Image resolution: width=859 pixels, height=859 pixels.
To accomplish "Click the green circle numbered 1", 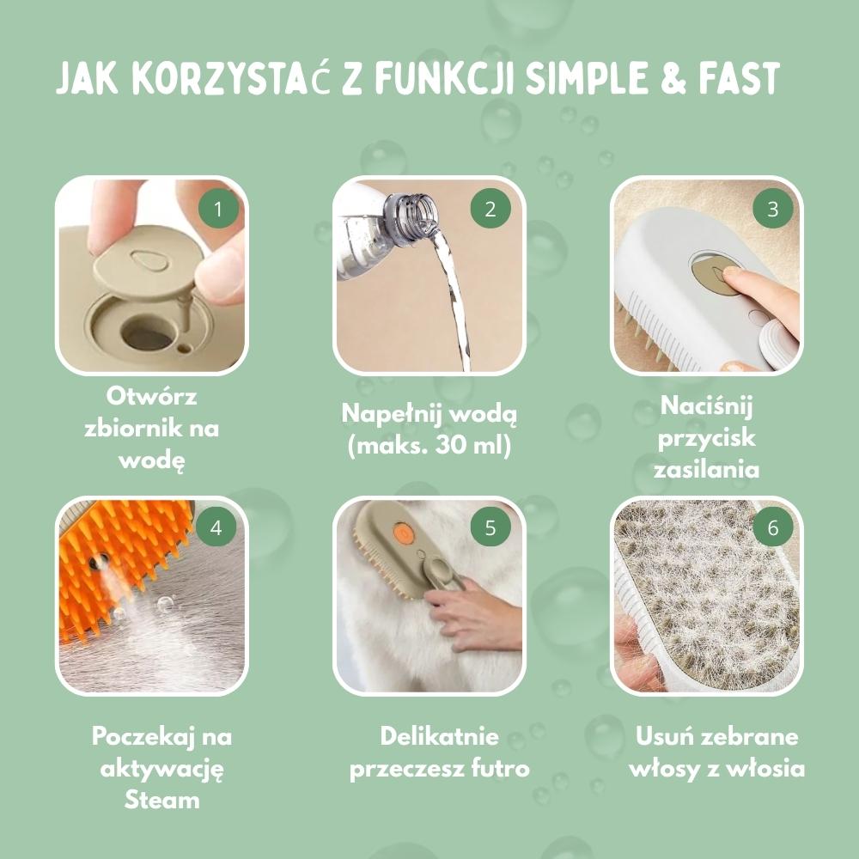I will point(216,209).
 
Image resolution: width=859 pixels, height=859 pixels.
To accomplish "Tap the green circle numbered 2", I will point(490,209).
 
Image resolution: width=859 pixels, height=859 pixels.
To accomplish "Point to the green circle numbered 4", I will point(216,527).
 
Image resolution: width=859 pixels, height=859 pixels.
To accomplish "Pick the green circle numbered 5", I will point(490,527).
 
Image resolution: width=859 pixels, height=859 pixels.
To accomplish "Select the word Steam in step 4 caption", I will point(161,801).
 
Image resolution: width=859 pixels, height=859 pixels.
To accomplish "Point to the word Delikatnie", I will point(439,737).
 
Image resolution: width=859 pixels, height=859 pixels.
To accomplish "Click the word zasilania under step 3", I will point(706,469).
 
